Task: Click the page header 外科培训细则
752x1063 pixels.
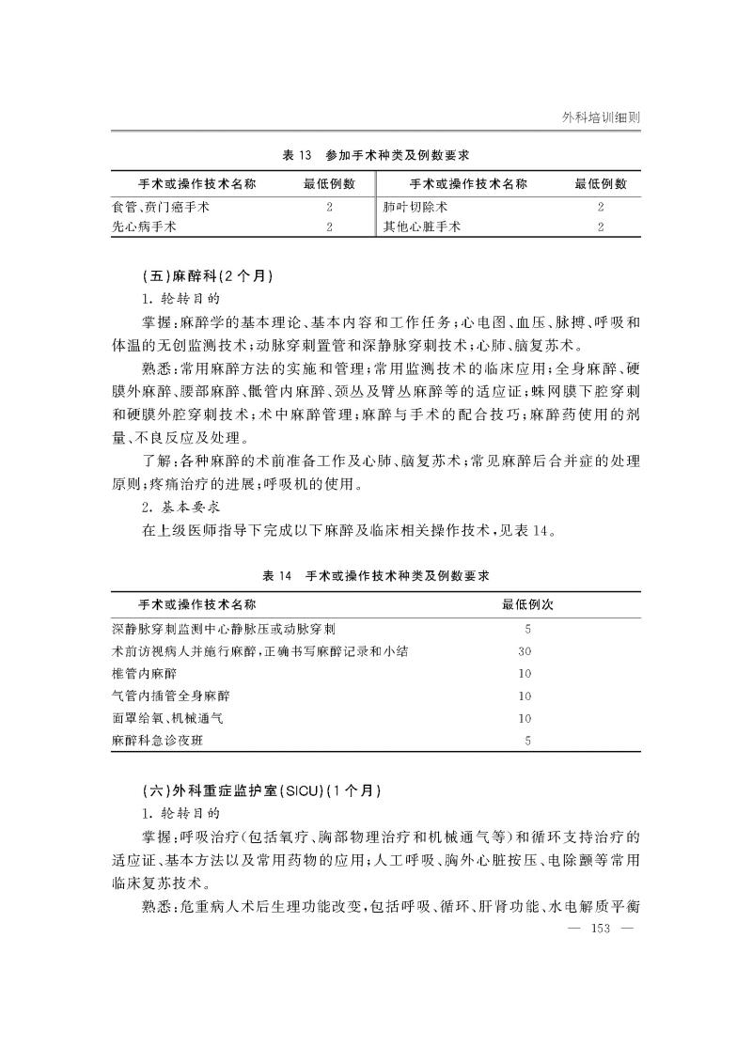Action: tap(601, 117)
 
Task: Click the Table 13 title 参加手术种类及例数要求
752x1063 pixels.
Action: tap(375, 154)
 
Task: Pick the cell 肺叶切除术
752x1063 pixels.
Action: tap(415, 206)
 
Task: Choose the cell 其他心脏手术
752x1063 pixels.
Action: tap(422, 227)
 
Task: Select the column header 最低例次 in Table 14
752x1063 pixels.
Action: tap(527, 602)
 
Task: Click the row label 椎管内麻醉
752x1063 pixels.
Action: tap(143, 674)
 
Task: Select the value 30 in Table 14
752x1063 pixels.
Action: tap(525, 651)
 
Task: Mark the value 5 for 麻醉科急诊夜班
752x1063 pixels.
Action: tap(528, 741)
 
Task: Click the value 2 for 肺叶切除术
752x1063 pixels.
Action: tap(601, 206)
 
